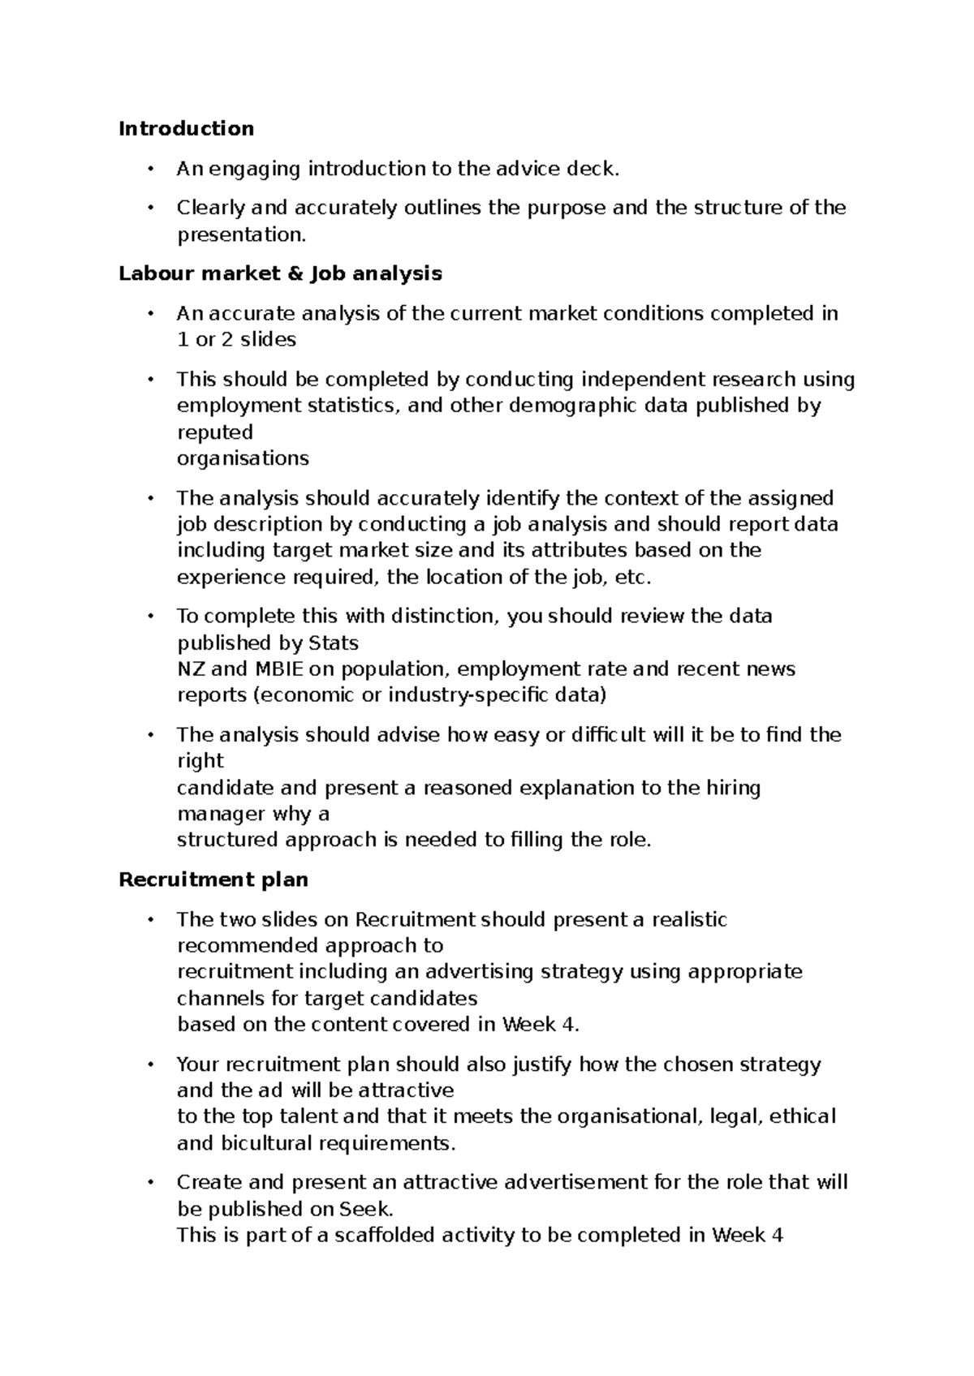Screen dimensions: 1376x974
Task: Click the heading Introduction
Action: point(186,129)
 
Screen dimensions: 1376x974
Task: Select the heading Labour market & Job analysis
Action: point(280,273)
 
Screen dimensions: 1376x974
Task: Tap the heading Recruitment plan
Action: point(213,879)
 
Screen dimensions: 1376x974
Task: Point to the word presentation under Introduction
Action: point(242,235)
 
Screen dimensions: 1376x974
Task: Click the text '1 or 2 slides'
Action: point(236,340)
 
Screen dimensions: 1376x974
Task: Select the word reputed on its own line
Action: point(215,432)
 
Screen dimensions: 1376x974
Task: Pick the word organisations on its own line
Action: point(243,458)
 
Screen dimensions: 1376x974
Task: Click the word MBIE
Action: point(280,669)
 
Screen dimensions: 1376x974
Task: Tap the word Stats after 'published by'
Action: point(334,643)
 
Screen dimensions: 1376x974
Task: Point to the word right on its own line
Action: point(200,761)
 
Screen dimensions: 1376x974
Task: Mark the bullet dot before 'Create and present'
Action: point(150,1183)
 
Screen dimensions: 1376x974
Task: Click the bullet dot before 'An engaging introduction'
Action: point(150,169)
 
